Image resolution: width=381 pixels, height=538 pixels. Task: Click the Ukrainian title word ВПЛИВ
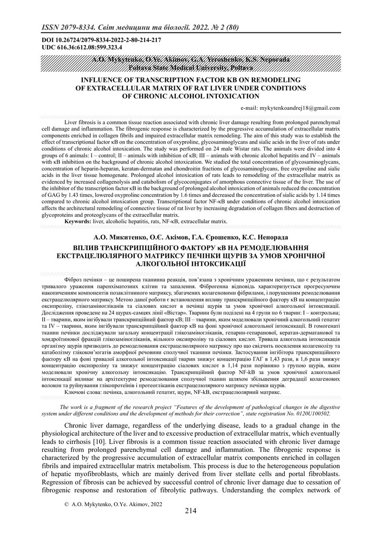coord(89,247)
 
